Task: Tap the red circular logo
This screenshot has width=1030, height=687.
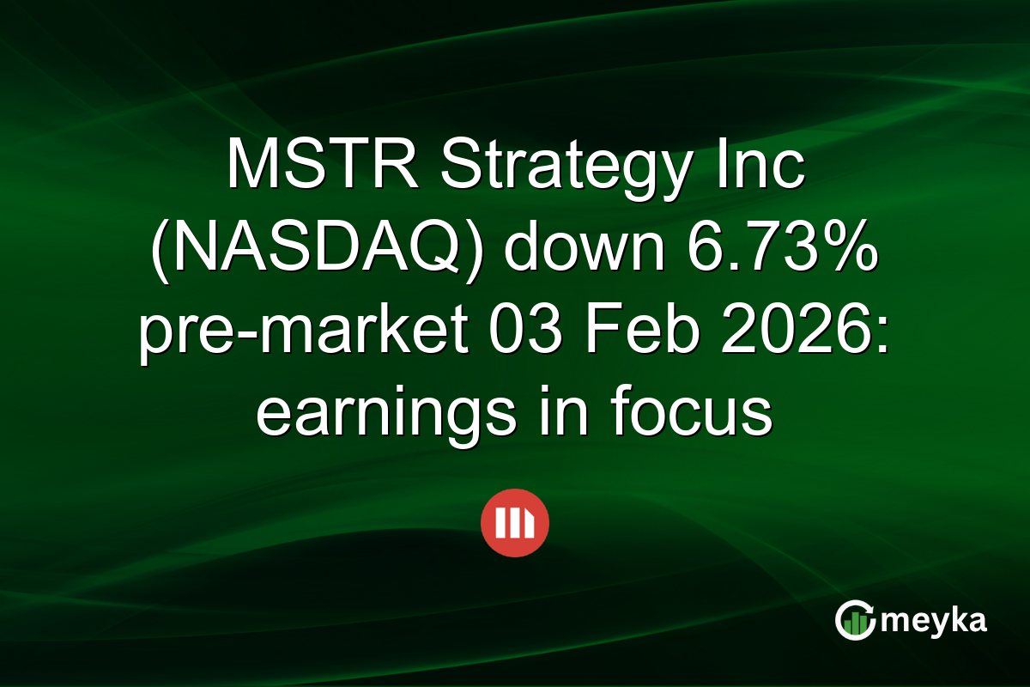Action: (x=515, y=523)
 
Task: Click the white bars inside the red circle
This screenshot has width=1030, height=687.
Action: (x=515, y=523)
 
